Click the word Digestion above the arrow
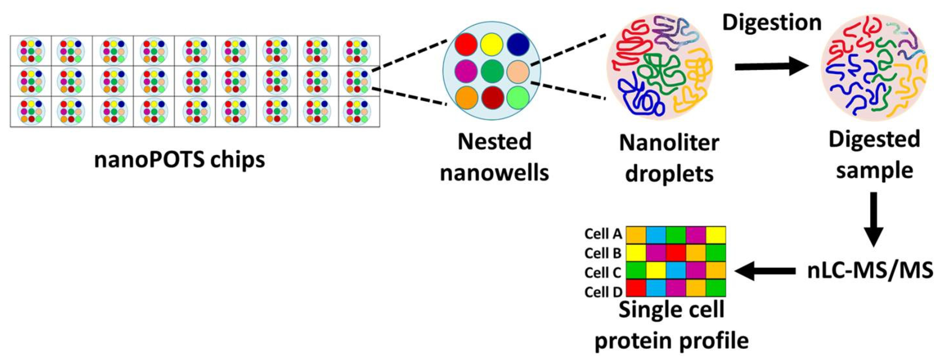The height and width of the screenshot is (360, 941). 772,23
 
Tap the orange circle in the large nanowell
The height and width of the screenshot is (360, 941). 466,97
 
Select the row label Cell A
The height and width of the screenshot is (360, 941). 603,234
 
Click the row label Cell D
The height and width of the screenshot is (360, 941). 603,292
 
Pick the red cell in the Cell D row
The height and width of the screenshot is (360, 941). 636,288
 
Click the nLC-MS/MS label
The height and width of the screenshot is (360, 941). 870,271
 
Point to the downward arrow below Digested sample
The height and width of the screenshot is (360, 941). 873,219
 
